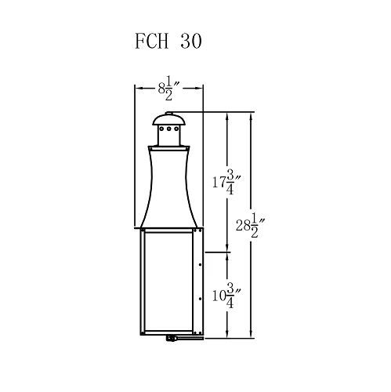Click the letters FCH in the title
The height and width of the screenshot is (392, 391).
click(x=150, y=42)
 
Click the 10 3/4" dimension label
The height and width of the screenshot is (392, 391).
click(x=225, y=296)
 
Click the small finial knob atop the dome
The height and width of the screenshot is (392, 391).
click(x=169, y=113)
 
